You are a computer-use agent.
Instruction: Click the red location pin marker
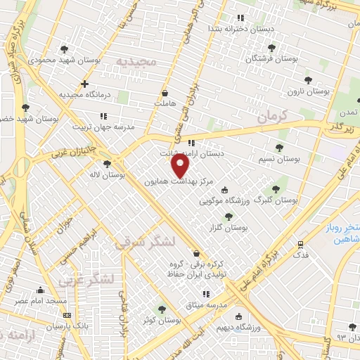[x=181, y=165]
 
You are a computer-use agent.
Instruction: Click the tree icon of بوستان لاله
[x=106, y=164]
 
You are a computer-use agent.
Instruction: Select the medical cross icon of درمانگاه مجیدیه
[x=84, y=84]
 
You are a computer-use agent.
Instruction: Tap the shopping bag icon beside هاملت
[x=165, y=92]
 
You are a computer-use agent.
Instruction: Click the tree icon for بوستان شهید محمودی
[x=65, y=49]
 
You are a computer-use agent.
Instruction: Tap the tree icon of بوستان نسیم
[x=279, y=148]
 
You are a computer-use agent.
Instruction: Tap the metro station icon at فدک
[x=300, y=245]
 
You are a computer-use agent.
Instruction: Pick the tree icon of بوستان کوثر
[x=162, y=309]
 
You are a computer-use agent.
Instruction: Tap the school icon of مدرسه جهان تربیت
[x=103, y=116]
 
